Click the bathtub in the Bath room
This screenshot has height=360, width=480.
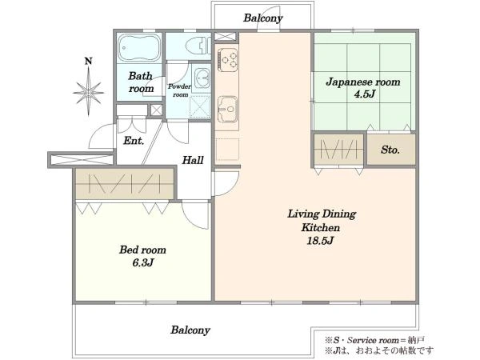point(139,48)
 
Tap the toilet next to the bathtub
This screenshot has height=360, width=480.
point(198,46)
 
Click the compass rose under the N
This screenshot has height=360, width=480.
point(89,92)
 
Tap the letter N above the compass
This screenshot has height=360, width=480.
point(89,62)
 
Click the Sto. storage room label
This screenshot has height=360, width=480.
point(390,150)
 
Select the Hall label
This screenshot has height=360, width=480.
point(193,160)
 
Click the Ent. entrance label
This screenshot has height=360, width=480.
point(134,141)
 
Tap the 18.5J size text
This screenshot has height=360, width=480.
point(320,241)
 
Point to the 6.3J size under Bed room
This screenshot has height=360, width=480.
point(143,262)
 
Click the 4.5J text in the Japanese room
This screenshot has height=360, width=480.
point(364,94)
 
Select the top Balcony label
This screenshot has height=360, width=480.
point(263,18)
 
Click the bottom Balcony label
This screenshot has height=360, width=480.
point(190,330)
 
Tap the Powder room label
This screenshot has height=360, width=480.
point(180,90)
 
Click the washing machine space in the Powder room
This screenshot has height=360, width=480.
point(200,106)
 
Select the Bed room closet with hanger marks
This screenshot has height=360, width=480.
point(125,184)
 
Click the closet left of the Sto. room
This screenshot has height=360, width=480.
point(339,150)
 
